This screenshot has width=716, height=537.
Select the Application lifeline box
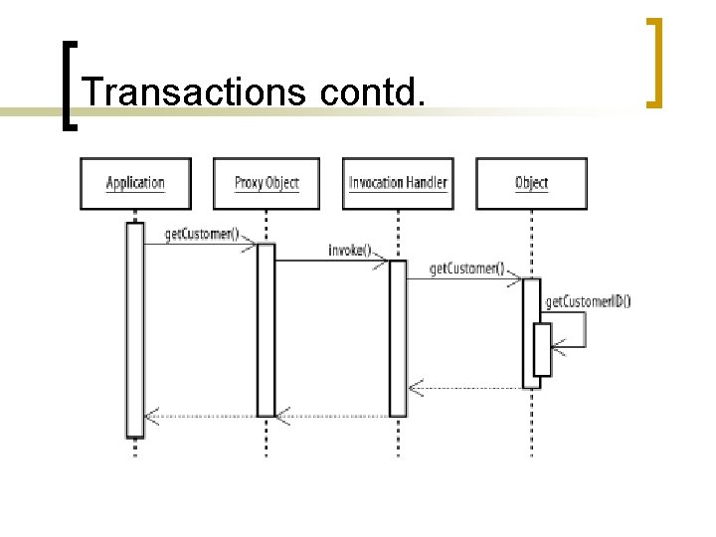point(135,183)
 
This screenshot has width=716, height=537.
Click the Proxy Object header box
point(267,183)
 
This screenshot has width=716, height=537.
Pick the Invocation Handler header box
point(398,183)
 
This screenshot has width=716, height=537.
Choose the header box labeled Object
point(531,183)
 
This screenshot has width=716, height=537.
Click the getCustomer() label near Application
point(202,235)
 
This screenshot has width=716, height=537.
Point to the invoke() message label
point(349,250)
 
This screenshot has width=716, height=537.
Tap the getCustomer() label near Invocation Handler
point(466,268)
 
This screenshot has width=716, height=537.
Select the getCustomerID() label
point(587,302)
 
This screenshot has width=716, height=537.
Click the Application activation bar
point(135,328)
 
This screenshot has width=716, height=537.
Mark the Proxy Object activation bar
point(266,328)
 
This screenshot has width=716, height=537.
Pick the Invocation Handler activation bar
point(398,338)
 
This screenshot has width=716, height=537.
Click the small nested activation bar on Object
point(542,349)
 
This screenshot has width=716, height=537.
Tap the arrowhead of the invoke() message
point(382,261)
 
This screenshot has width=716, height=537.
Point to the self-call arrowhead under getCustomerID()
point(558,346)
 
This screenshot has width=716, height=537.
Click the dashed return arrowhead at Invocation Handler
point(416,387)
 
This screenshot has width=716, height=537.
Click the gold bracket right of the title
point(654,62)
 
